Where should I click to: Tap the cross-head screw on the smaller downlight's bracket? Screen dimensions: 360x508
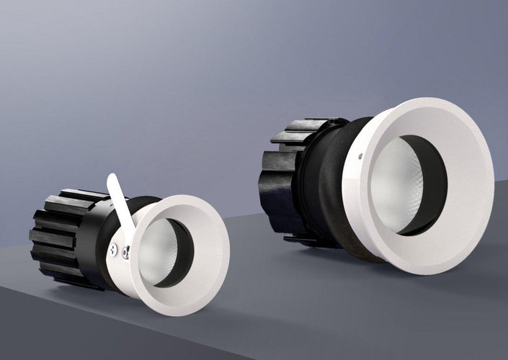pyautogui.click(x=125, y=252)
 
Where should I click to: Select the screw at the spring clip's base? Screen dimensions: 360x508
pyautogui.click(x=112, y=250)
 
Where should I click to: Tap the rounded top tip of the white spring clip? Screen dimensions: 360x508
pyautogui.click(x=112, y=178)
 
